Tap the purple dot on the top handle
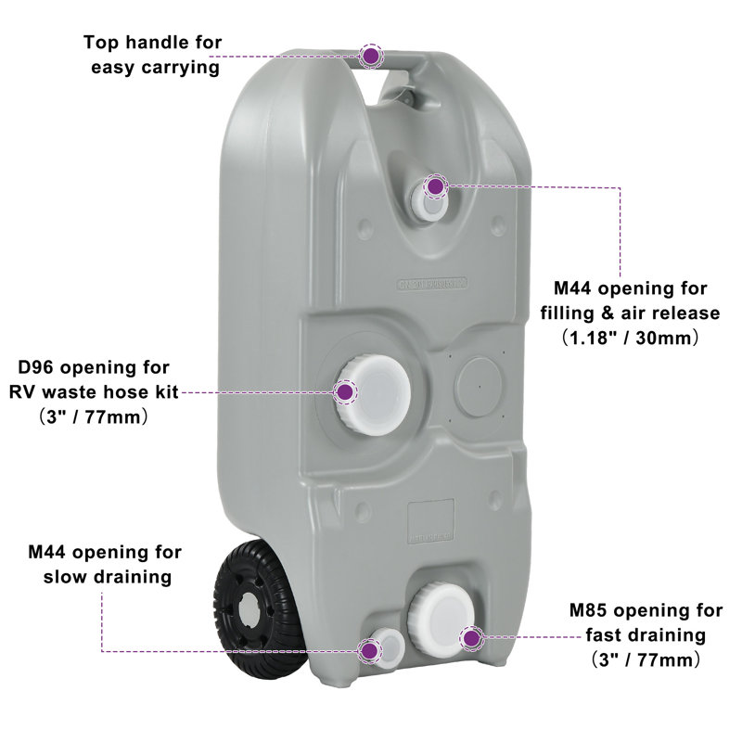coord(372,56)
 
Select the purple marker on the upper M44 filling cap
coord(435,186)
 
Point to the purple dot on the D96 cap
coord(346,392)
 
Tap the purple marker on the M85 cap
coord(471,638)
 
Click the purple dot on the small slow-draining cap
coord(369,651)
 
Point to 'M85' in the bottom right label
coord(588,610)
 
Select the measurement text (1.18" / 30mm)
coord(630,339)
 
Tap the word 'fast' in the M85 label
coord(607,635)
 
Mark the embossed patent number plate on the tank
coord(432,284)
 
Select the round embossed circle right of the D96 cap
coord(479,387)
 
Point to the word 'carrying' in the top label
coord(180,68)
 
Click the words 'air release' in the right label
coord(671,313)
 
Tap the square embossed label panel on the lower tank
coord(431,520)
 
